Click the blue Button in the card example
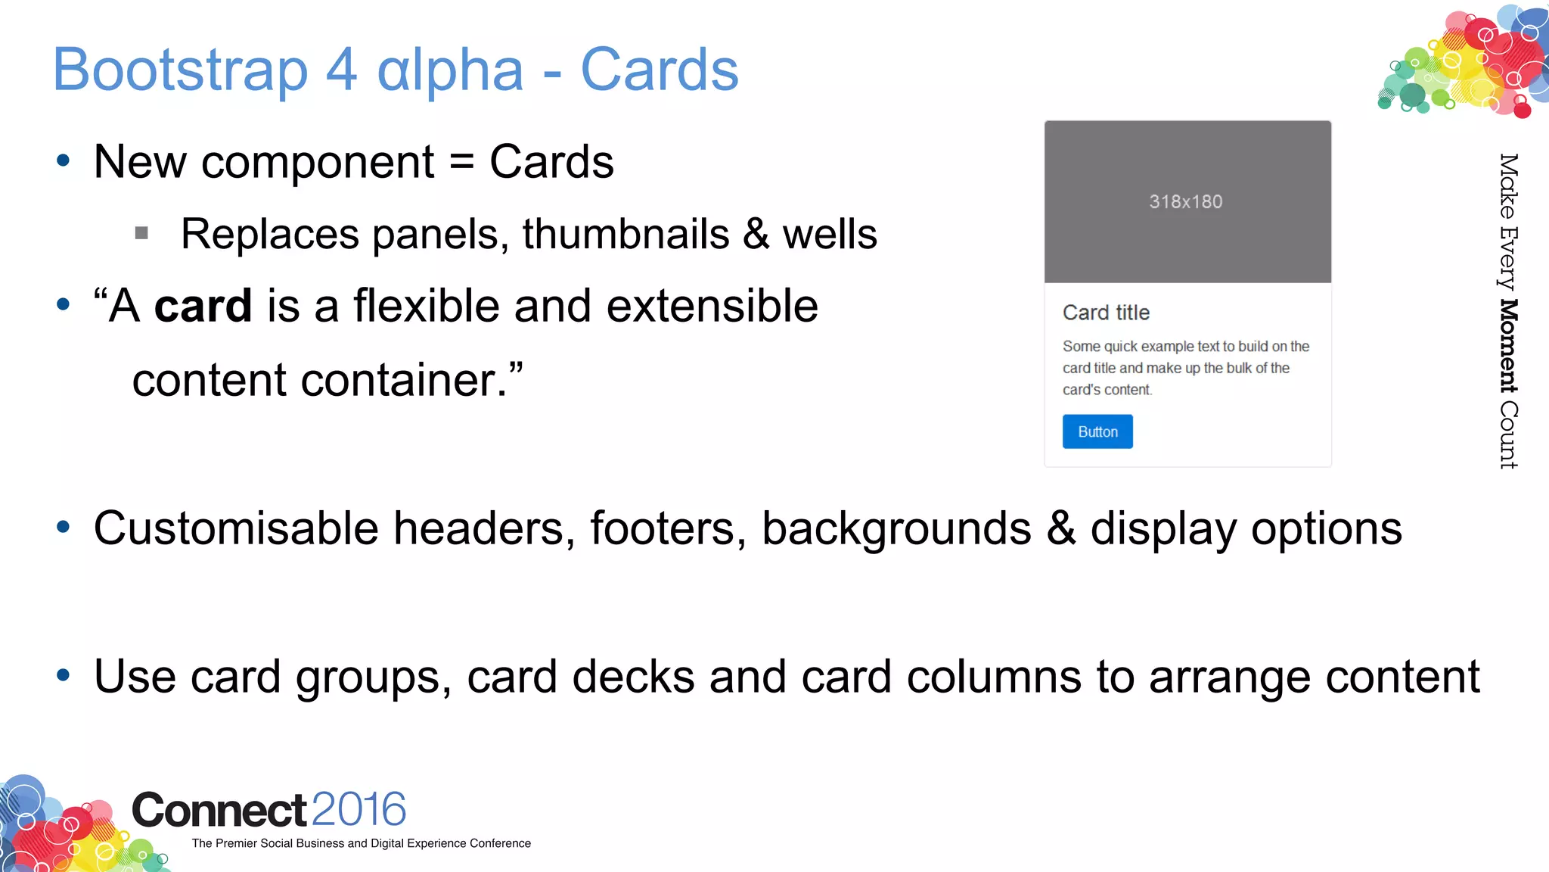1097,431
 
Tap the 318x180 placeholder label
1185,202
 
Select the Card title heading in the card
1106,313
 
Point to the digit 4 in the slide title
341,70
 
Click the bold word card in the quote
203,306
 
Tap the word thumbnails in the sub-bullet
625,234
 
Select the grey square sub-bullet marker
141,233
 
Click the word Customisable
236,528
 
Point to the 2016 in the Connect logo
359,809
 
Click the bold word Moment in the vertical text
1508,346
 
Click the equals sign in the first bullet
461,163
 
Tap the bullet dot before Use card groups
64,674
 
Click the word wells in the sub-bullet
830,234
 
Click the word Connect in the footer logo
219,810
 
